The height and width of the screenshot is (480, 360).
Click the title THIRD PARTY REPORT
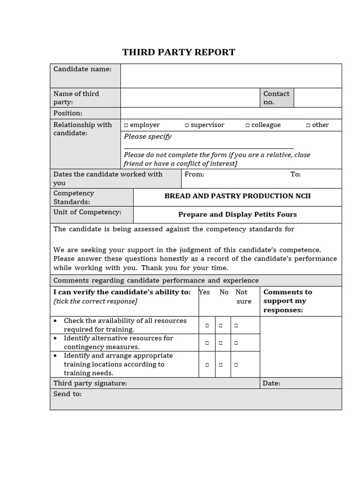[x=179, y=52]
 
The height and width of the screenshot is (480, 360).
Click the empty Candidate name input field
[x=231, y=75]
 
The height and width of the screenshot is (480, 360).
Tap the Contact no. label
[x=277, y=97]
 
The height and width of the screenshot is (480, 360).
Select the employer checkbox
[x=126, y=125]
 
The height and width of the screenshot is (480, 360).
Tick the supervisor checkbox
[x=187, y=125]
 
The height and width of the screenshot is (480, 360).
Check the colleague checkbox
[x=247, y=125]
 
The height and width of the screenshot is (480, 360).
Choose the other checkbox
[x=308, y=125]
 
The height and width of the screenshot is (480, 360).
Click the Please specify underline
[x=209, y=147]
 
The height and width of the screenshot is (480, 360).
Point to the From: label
[x=195, y=174]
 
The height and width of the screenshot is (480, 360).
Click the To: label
[x=295, y=174]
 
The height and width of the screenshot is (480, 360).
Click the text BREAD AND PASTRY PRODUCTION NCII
[x=237, y=196]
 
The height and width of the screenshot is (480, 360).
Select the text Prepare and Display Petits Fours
[x=237, y=215]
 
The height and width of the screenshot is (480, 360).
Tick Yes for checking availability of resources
[x=207, y=325]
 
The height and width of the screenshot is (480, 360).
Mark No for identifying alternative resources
[x=223, y=343]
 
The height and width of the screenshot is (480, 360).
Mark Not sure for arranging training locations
[x=236, y=364]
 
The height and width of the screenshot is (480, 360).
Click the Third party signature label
[x=90, y=383]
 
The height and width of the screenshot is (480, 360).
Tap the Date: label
[x=271, y=383]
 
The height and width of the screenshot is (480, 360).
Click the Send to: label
[x=67, y=394]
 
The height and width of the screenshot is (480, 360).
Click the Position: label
[x=67, y=113]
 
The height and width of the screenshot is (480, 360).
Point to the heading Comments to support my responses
[x=287, y=301]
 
